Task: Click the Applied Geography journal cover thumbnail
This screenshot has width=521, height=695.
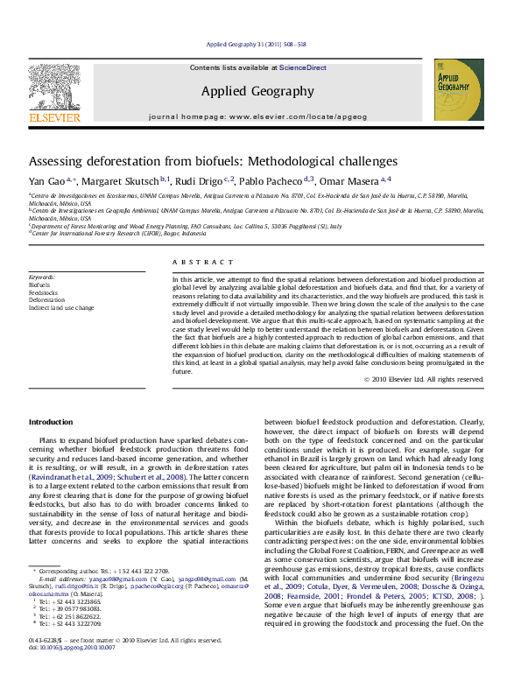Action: (459, 89)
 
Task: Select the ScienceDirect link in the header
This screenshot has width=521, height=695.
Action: (303, 67)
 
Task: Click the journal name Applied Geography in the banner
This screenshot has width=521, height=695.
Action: (257, 91)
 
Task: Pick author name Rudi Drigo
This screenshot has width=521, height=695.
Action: (200, 181)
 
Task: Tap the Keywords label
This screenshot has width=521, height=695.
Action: (42, 277)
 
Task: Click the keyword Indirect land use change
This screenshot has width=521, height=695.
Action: (61, 308)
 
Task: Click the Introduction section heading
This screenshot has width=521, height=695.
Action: (51, 422)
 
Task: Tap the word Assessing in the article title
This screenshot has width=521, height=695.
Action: (58, 162)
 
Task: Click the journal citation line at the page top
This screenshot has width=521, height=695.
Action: (256, 44)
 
